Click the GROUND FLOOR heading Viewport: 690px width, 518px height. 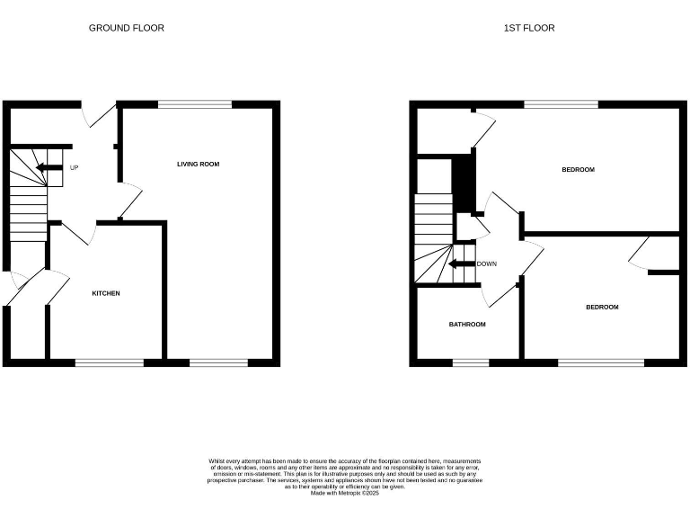click(126, 28)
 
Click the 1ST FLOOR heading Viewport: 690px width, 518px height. click(528, 28)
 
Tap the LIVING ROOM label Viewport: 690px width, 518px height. click(198, 164)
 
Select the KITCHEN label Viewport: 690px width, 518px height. click(105, 293)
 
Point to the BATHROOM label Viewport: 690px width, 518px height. click(467, 324)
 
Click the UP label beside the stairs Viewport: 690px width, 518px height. click(74, 167)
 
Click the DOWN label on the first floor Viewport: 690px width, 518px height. click(486, 264)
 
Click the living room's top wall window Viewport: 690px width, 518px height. click(195, 104)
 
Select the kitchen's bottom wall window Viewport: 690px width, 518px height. click(109, 362)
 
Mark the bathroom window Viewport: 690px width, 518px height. click(470, 362)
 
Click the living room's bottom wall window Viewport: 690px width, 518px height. click(218, 362)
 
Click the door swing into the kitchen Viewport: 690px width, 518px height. click(84, 232)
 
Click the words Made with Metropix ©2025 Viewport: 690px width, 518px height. click(345, 493)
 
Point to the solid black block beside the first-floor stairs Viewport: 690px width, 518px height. click(463, 183)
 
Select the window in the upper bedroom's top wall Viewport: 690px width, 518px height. click(562, 104)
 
